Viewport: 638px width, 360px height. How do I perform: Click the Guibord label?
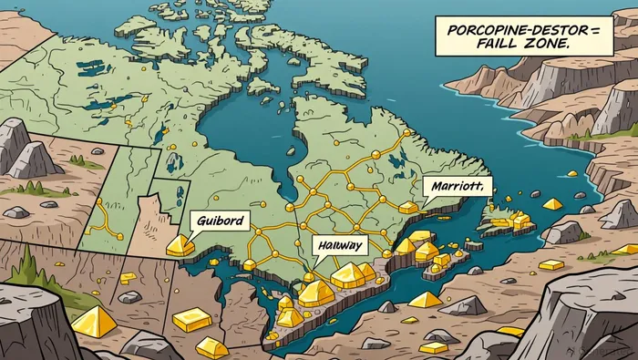click(x=219, y=220)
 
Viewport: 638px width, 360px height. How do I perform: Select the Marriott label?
click(x=457, y=187)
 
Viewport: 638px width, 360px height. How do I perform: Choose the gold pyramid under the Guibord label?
click(x=180, y=244)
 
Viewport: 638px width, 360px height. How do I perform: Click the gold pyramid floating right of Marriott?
click(x=552, y=204)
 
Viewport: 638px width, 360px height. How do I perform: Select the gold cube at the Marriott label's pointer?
click(x=406, y=208)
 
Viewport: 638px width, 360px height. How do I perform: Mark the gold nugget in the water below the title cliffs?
click(x=573, y=173)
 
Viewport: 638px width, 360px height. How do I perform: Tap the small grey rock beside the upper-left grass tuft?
click(x=97, y=151)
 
